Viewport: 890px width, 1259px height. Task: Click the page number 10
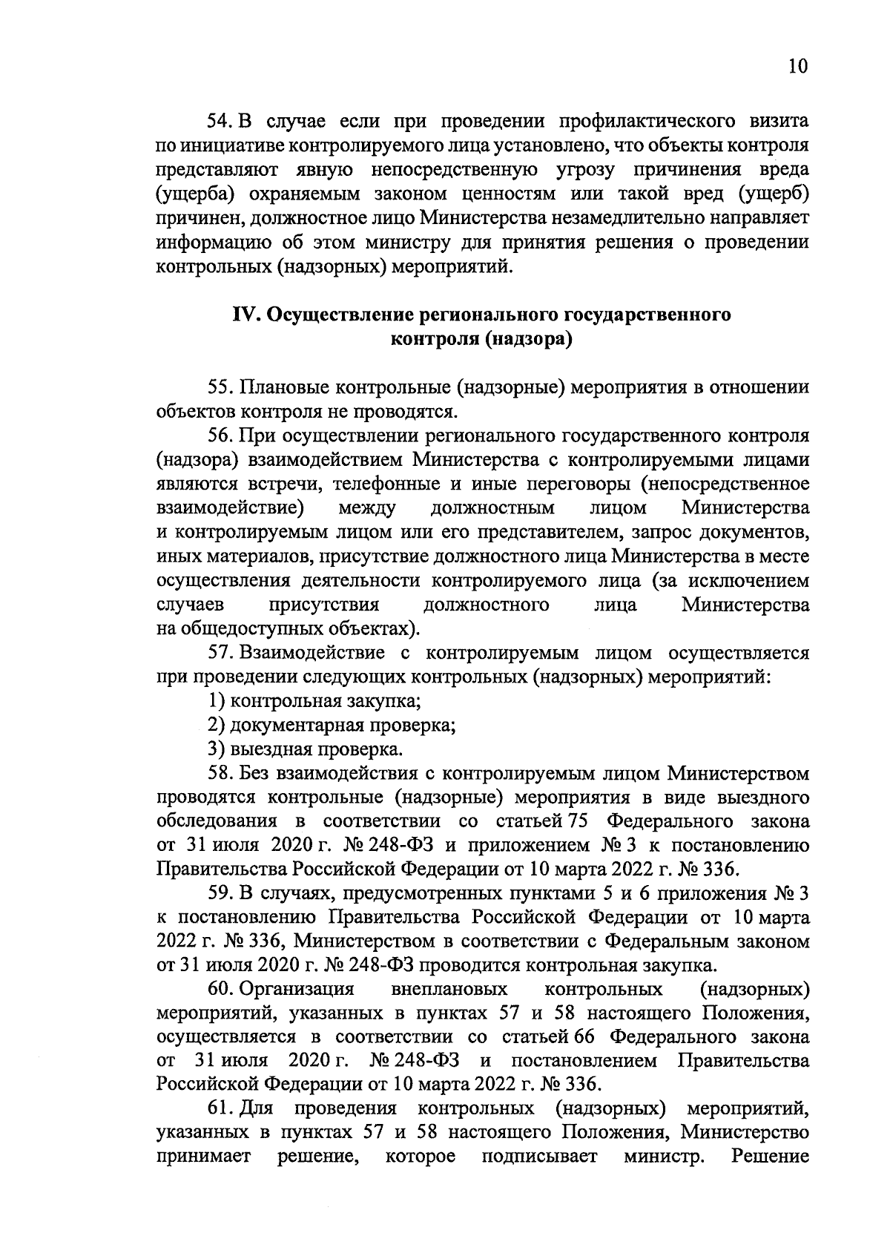[797, 66]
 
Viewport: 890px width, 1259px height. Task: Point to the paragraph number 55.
[220, 387]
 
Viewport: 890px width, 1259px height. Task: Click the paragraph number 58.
[220, 774]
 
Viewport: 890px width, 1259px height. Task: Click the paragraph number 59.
[220, 894]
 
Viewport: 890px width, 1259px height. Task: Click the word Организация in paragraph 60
[297, 990]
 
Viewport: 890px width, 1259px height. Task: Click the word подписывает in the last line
[539, 1157]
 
